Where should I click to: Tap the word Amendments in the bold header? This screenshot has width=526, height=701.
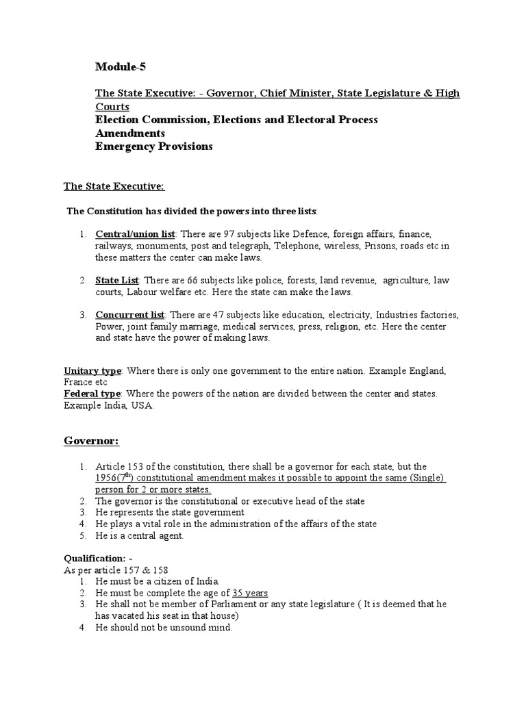click(129, 133)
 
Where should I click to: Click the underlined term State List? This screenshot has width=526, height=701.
click(117, 280)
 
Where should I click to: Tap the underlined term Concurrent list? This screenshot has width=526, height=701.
click(129, 315)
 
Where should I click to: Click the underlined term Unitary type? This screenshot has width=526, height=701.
click(92, 370)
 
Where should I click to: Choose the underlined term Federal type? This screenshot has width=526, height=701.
click(92, 394)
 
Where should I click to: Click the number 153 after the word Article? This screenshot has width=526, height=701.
click(134, 467)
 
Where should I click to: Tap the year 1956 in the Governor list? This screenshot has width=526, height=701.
click(107, 479)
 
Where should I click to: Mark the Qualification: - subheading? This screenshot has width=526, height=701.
click(96, 559)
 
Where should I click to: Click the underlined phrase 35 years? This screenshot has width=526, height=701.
click(250, 593)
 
